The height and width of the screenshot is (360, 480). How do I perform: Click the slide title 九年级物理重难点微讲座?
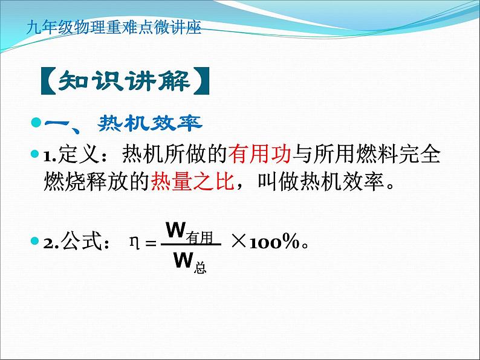point(114,28)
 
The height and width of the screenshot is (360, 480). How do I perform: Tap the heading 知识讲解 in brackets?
point(125,81)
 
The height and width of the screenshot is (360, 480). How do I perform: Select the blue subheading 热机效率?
point(150,123)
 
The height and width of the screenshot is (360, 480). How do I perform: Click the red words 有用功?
point(259,153)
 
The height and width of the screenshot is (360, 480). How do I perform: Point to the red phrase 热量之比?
point(193,181)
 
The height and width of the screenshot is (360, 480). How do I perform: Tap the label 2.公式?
point(76,242)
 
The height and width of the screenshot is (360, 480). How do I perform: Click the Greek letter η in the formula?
point(134,242)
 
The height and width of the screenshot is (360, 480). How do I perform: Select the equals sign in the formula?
point(151,243)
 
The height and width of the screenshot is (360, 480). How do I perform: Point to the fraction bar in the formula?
point(191,245)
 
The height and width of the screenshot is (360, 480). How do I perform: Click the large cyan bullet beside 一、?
point(36,123)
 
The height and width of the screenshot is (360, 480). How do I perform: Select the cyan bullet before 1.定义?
point(35,154)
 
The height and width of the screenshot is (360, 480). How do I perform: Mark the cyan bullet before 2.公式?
point(35,241)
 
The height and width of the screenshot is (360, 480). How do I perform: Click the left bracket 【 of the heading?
point(48,81)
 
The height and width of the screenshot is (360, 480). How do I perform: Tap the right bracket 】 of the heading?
point(201,81)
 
